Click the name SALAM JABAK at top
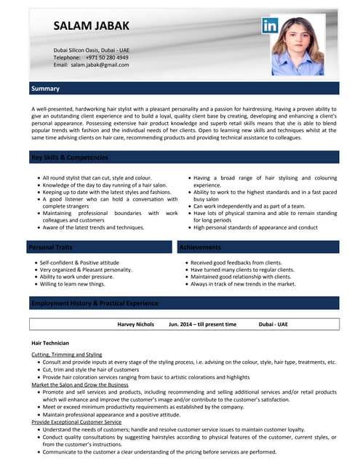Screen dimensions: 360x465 click(92, 26)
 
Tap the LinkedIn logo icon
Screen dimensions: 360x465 click(271, 26)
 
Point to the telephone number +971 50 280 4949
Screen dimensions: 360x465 click(107, 57)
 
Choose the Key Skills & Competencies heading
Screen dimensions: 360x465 click(70, 157)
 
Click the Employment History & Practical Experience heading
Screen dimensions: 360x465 click(94, 303)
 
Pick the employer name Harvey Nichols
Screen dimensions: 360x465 click(135, 323)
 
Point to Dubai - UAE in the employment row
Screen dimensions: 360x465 click(273, 323)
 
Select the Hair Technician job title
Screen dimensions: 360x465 click(50, 342)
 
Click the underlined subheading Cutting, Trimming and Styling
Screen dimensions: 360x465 click(67, 354)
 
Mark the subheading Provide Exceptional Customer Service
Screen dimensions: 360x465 click(76, 421)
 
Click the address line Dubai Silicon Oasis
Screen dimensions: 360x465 click(91, 49)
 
